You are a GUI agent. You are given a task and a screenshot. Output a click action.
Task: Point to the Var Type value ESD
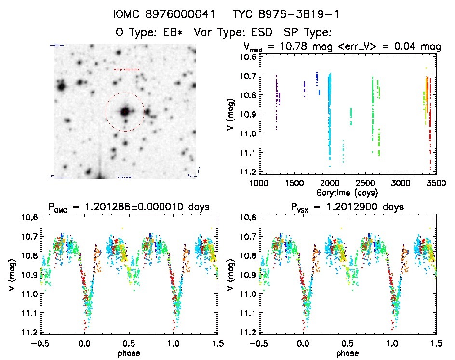click(263, 33)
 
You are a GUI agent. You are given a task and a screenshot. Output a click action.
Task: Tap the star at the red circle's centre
click(125, 112)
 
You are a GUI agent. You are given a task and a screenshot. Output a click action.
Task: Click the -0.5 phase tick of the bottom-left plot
click(41, 344)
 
